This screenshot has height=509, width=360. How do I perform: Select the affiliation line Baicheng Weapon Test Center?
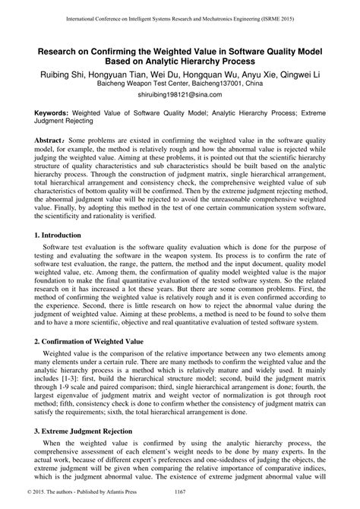tap(179, 86)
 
